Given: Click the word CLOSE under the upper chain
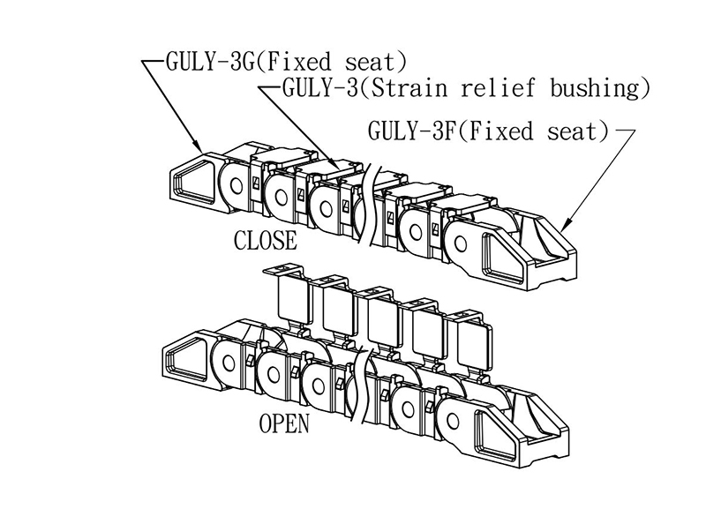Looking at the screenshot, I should click(265, 241).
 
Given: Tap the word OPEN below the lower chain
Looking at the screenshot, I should click(284, 423).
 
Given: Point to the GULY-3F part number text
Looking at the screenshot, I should click(412, 131).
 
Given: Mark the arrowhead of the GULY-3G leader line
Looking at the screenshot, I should click(202, 149).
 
